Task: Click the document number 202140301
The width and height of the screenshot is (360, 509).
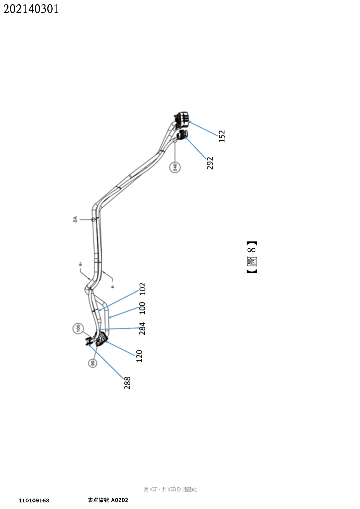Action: point(31,9)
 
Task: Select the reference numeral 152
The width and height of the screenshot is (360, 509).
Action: point(222,136)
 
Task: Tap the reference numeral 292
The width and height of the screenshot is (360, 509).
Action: point(210,163)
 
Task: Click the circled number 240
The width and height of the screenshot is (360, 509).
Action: point(175,167)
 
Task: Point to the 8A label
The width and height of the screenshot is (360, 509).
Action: point(75,219)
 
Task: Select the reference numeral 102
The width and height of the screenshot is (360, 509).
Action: point(143,289)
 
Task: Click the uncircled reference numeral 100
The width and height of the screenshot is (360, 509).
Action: point(142,308)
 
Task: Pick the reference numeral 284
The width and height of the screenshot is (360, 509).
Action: point(142,328)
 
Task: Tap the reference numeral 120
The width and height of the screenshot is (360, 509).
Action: point(139,356)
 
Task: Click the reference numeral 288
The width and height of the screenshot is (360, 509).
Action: point(127,383)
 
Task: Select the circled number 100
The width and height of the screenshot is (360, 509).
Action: point(78,328)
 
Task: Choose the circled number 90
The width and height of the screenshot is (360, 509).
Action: point(92,363)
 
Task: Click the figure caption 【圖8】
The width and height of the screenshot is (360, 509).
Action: point(252,257)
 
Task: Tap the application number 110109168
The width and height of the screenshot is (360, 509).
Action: point(34,500)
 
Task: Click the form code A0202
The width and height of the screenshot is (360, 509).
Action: point(119,500)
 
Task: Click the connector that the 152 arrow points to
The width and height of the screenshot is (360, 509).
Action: point(181,120)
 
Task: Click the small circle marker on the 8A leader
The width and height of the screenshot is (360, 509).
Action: point(93,220)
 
